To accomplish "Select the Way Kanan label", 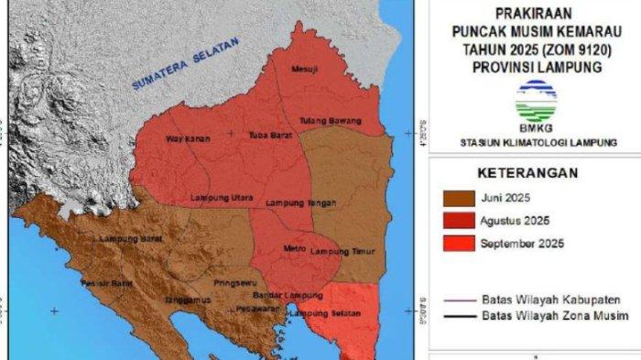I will (x=187, y=139).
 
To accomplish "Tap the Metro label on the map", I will (x=295, y=248).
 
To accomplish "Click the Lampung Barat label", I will (x=127, y=238).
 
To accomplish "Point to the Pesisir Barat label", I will (x=110, y=284).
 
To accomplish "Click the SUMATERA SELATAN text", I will (x=186, y=63).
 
